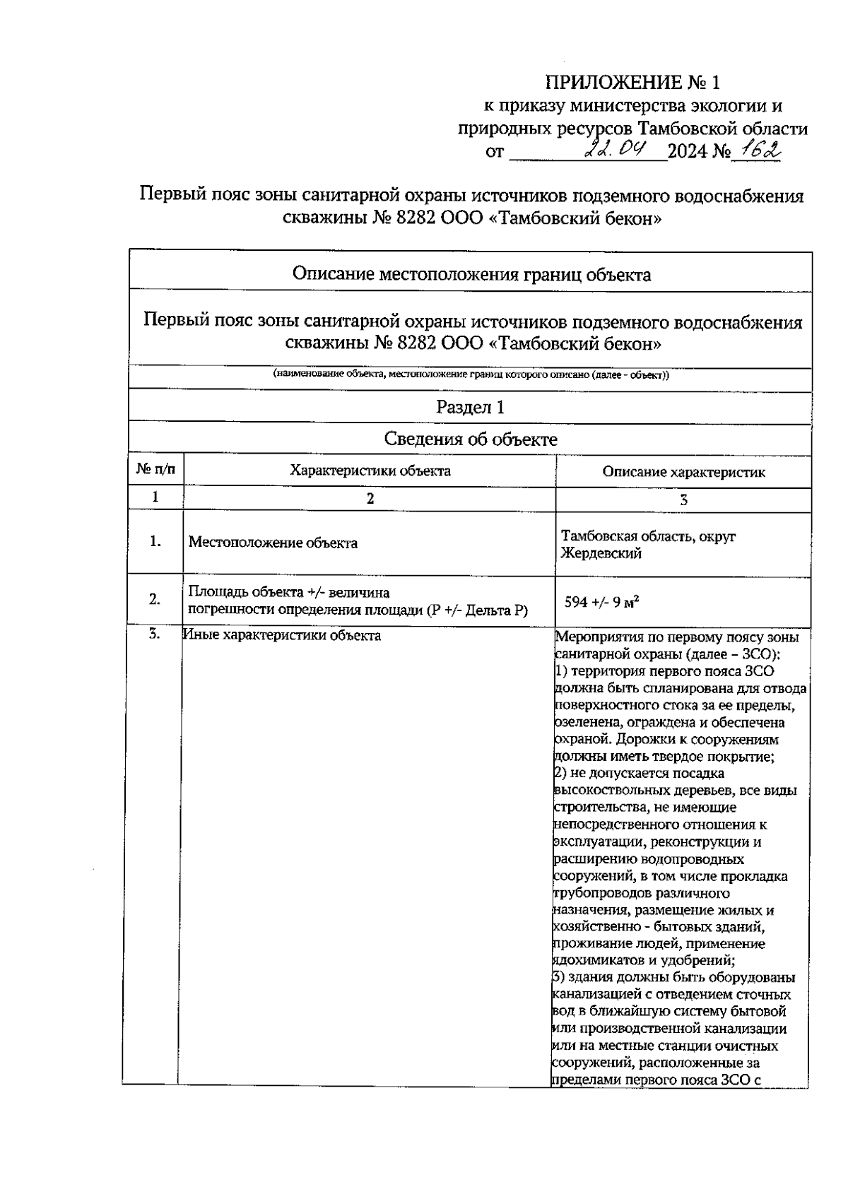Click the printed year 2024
688,152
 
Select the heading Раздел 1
470,407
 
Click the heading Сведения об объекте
470,439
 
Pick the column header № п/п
155,470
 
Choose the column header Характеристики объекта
370,471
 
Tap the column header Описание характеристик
683,472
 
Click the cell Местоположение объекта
273,543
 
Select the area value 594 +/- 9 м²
602,602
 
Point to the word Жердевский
601,553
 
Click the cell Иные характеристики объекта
282,635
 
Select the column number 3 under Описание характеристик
683,500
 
